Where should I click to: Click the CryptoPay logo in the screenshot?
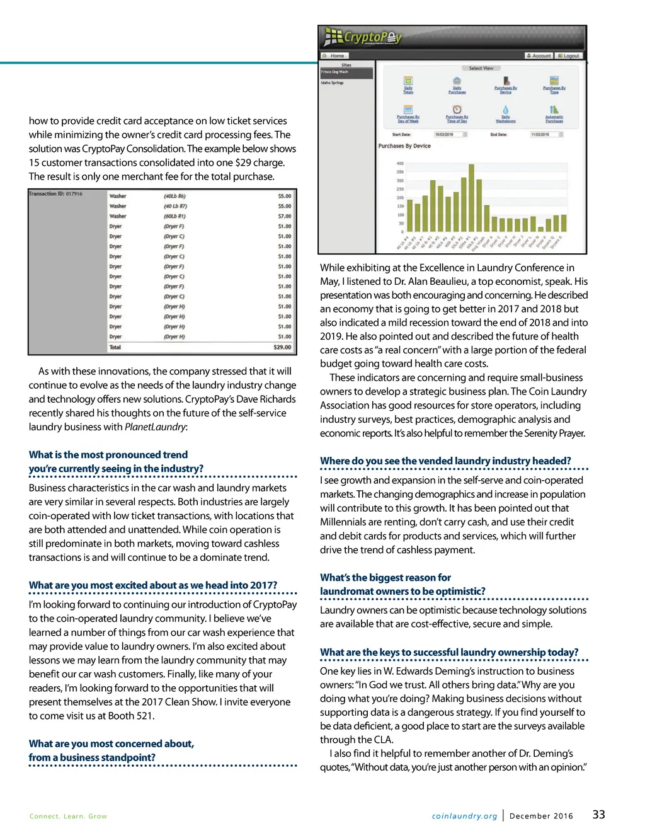point(363,38)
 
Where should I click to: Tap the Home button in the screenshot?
point(334,56)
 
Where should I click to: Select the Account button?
point(539,56)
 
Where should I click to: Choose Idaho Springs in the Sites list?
point(333,83)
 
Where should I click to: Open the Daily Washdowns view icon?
point(505,110)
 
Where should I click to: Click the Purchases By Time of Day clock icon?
point(457,110)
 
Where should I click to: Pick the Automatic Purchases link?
point(554,118)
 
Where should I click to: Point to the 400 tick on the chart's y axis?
point(400,164)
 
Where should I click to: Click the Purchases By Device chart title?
point(404,146)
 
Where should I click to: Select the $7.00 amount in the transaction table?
point(285,216)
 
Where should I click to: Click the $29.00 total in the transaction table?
point(282,347)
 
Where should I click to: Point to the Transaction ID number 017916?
point(74,194)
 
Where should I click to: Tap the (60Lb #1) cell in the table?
point(174,216)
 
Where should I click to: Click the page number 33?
point(598,815)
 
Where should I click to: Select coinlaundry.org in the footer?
point(464,816)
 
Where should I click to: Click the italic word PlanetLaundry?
point(155,427)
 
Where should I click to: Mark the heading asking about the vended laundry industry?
point(445,461)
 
